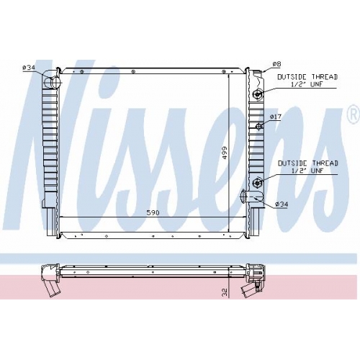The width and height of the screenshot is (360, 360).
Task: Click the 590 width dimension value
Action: point(153,212)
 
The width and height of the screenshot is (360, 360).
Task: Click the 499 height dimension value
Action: point(225,153)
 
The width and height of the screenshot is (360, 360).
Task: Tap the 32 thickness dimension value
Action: point(225,292)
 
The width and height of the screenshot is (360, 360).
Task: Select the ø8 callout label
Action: point(276,64)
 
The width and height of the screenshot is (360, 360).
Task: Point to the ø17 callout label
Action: point(276,117)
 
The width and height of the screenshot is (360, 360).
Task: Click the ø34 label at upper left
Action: point(29,68)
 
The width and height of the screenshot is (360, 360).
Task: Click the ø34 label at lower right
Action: point(282,204)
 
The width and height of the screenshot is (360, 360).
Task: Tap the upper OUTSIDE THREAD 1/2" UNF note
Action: point(307,81)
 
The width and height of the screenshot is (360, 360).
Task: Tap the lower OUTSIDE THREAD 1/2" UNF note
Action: point(308,167)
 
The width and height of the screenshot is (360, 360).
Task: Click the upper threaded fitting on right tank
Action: point(258,94)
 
